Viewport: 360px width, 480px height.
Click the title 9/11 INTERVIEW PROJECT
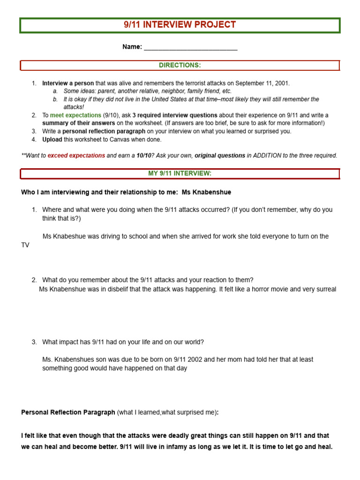(180, 25)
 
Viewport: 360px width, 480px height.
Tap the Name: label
(132, 47)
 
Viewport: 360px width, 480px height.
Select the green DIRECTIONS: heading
(180, 65)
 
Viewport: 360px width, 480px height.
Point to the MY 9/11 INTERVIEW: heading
(180, 173)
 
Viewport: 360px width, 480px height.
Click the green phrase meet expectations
(75, 115)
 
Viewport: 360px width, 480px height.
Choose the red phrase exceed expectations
(76, 156)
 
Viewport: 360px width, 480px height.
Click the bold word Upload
(52, 140)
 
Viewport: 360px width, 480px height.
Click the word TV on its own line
(25, 245)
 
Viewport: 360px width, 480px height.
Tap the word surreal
(325, 289)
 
